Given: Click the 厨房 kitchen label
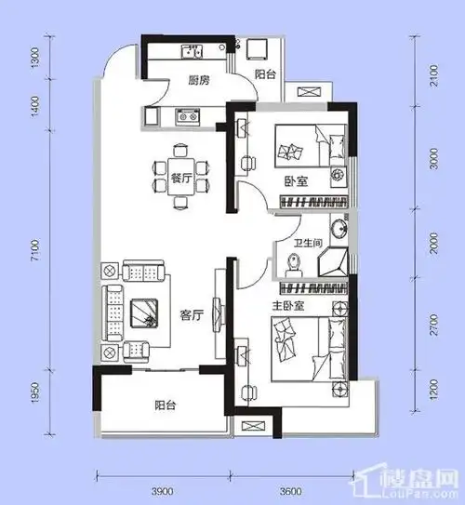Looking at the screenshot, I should (x=196, y=81).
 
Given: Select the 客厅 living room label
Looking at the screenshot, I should (x=193, y=314).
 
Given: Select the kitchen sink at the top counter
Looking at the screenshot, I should (x=193, y=51).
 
